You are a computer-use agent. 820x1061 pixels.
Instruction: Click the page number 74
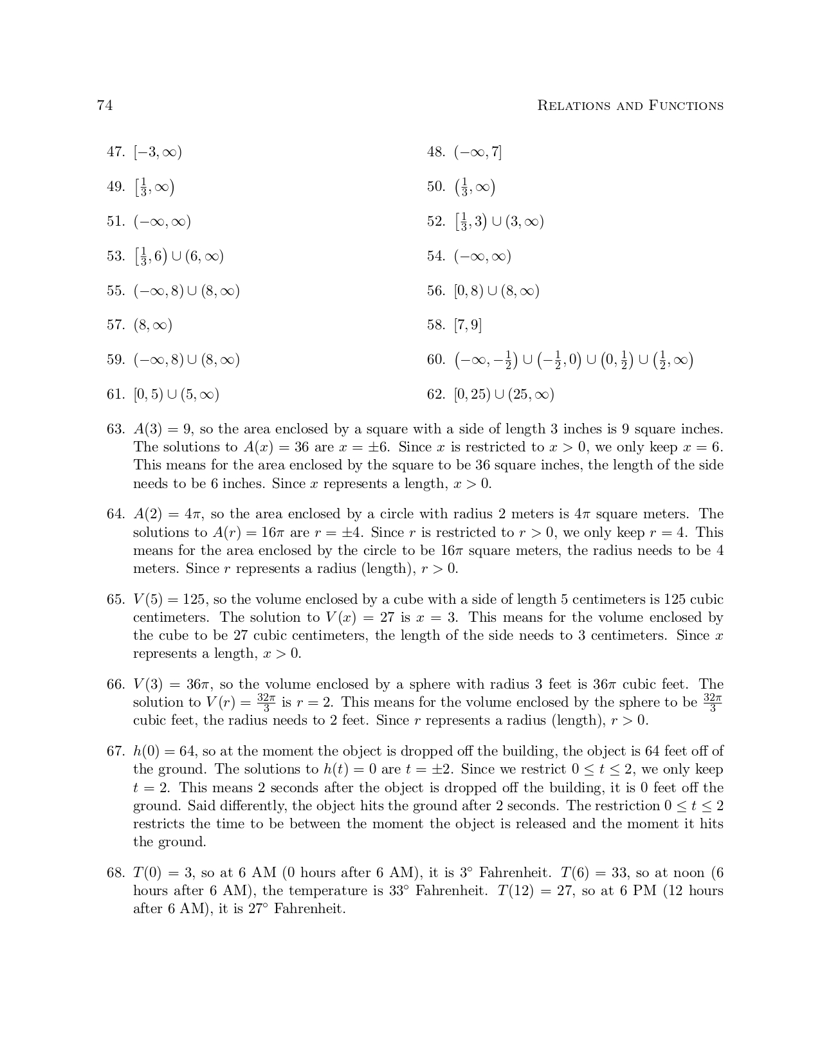pyautogui.click(x=105, y=105)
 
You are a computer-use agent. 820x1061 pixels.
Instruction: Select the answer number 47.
pyautogui.click(x=115, y=152)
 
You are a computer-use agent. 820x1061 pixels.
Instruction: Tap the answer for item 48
pyautogui.click(x=477, y=152)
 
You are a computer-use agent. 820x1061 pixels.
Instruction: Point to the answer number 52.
pyautogui.click(x=435, y=222)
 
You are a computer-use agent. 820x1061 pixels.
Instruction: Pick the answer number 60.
pyautogui.click(x=435, y=360)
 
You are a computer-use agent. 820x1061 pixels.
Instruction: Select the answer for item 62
pyautogui.click(x=504, y=395)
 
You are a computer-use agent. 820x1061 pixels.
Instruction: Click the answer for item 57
pyautogui.click(x=153, y=325)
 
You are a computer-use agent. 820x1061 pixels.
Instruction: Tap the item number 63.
pyautogui.click(x=115, y=429)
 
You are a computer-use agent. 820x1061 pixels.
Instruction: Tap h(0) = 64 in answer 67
pyautogui.click(x=163, y=752)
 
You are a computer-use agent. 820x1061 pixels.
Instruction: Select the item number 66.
pyautogui.click(x=115, y=685)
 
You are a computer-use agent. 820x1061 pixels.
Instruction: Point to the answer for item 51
pyautogui.click(x=162, y=222)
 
